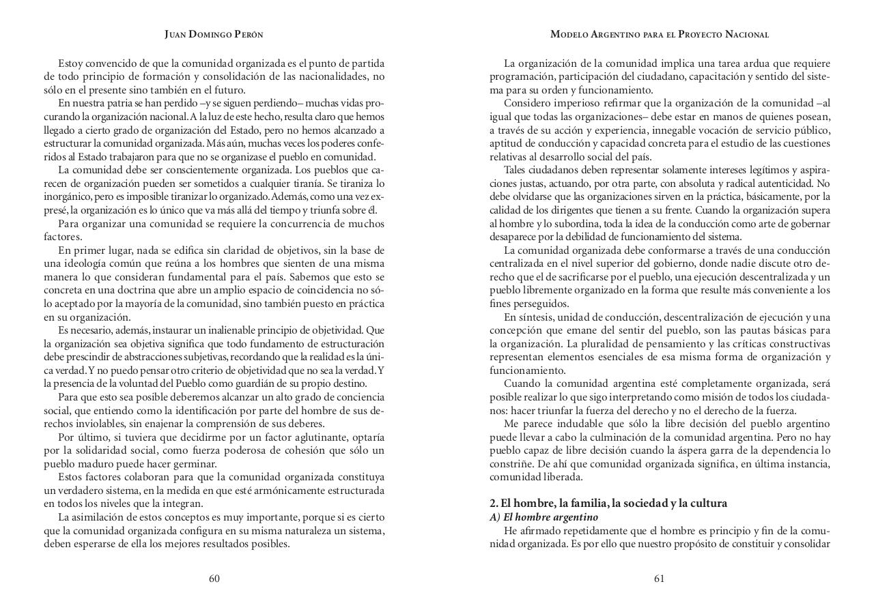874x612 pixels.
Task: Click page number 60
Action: click(214, 579)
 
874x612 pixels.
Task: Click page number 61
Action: click(659, 579)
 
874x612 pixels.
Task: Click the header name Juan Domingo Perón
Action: click(214, 34)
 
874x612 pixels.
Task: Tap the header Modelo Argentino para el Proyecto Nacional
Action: click(659, 34)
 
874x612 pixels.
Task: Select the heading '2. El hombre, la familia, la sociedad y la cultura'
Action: click(608, 503)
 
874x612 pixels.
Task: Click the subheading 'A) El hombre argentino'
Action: click(544, 517)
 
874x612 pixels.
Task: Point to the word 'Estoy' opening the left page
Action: click(70, 63)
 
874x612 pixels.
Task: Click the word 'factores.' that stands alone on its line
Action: click(63, 237)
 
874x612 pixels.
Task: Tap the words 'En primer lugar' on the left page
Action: click(92, 250)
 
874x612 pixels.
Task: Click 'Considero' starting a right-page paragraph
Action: click(526, 103)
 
